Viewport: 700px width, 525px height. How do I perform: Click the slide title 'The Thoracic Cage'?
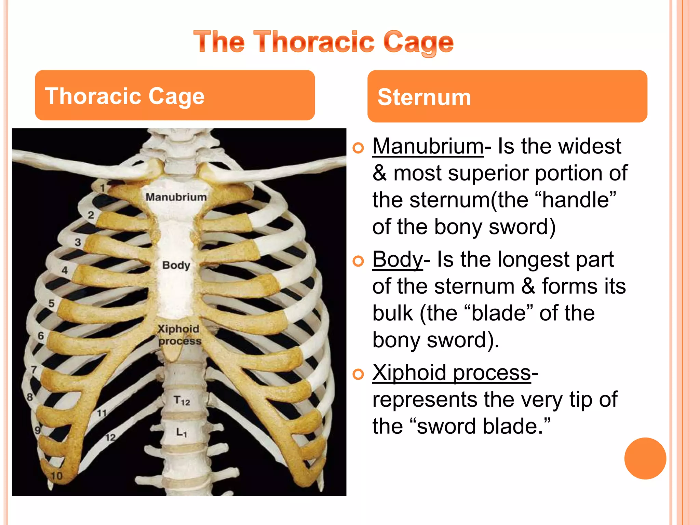[x=323, y=42]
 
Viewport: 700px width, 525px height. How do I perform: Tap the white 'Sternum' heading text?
[x=424, y=97]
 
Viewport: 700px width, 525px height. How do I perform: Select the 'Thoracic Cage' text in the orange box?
[x=125, y=96]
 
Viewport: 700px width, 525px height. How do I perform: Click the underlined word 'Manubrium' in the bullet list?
[x=428, y=146]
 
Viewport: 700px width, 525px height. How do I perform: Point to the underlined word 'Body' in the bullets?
[x=398, y=259]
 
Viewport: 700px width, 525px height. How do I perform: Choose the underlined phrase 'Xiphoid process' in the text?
[x=451, y=372]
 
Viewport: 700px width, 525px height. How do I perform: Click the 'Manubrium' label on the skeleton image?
[x=176, y=197]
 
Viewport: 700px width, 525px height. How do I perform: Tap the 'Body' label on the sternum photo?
[x=176, y=265]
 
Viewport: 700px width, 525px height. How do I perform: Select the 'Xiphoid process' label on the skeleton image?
[x=179, y=335]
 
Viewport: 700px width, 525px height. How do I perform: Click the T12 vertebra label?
[x=181, y=400]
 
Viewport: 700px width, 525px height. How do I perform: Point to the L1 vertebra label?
[x=181, y=432]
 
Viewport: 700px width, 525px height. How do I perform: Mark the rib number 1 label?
[x=102, y=188]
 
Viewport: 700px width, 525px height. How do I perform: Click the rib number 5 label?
[x=52, y=303]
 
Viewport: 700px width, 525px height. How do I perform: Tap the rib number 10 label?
[x=57, y=476]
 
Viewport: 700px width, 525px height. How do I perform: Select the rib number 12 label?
[x=110, y=437]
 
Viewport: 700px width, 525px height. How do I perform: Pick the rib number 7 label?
[x=34, y=369]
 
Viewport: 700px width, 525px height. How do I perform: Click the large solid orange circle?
[x=645, y=458]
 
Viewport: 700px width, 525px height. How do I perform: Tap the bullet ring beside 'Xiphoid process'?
[x=358, y=375]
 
